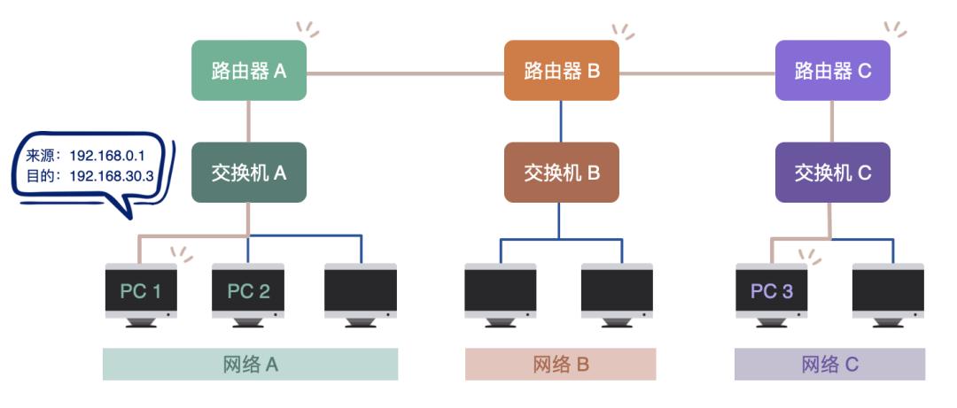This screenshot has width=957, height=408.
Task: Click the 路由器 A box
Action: (249, 71)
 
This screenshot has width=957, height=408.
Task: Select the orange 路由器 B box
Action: (562, 71)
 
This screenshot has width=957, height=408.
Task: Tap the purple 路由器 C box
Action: (832, 71)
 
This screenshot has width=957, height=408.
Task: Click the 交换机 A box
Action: (249, 173)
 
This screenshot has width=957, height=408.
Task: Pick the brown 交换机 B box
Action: (562, 173)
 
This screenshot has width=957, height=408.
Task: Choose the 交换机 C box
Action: (832, 173)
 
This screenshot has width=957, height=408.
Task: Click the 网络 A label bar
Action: (250, 364)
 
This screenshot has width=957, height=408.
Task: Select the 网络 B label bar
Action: (561, 364)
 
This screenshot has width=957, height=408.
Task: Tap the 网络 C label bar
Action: (829, 364)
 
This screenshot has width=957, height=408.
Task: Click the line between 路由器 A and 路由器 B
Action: (405, 73)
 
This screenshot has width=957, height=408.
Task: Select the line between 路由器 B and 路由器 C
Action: (696, 73)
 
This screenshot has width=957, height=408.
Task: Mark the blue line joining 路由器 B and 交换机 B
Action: (560, 121)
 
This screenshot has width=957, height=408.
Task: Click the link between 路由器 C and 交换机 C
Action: (832, 121)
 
